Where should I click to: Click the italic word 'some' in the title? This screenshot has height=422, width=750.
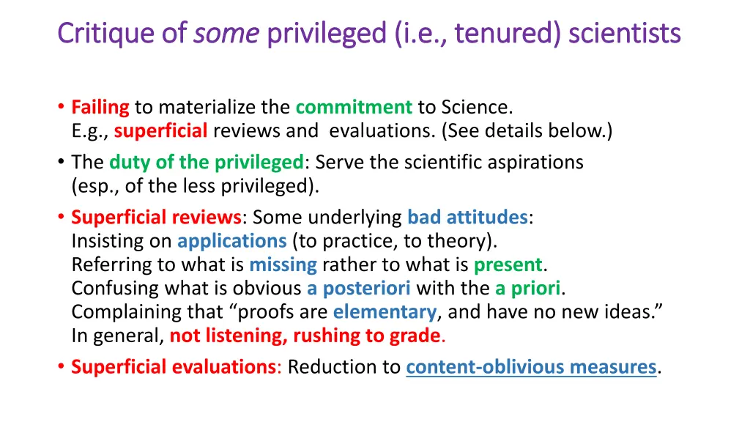tap(226, 33)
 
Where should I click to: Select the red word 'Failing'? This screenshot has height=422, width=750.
tap(100, 107)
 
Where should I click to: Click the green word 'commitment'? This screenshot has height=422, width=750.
tap(354, 107)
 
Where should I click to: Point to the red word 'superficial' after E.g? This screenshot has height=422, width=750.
tap(161, 131)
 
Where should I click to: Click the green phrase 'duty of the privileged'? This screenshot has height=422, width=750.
tap(207, 161)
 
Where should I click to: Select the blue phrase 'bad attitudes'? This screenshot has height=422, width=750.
tap(467, 217)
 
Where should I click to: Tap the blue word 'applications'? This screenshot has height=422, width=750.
tap(231, 240)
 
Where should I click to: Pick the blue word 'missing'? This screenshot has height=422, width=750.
tap(283, 264)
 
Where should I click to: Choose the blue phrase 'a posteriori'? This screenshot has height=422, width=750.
tap(358, 288)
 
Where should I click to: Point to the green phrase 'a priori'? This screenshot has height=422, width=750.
tap(527, 288)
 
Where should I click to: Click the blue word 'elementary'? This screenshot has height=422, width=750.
tap(385, 312)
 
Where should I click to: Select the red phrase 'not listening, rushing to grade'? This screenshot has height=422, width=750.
tap(305, 336)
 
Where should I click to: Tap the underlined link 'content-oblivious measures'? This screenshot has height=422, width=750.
tap(531, 366)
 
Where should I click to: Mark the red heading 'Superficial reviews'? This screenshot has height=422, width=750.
tap(156, 217)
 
